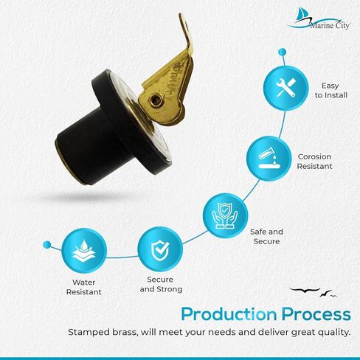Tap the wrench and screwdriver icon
point(285,88)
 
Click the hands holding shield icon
point(225,215)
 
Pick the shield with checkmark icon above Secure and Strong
point(160,250)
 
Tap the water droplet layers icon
point(84,250)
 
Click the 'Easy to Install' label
point(331,90)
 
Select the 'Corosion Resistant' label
point(314,162)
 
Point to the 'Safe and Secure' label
point(266,236)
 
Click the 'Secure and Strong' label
point(161,284)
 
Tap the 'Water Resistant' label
point(84,287)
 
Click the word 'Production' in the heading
point(229,314)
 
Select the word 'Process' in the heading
point(316,314)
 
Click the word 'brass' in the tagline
point(125,332)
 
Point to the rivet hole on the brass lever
point(155,100)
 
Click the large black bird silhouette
point(305,291)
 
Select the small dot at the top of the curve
point(282,52)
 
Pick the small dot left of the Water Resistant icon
point(46,245)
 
